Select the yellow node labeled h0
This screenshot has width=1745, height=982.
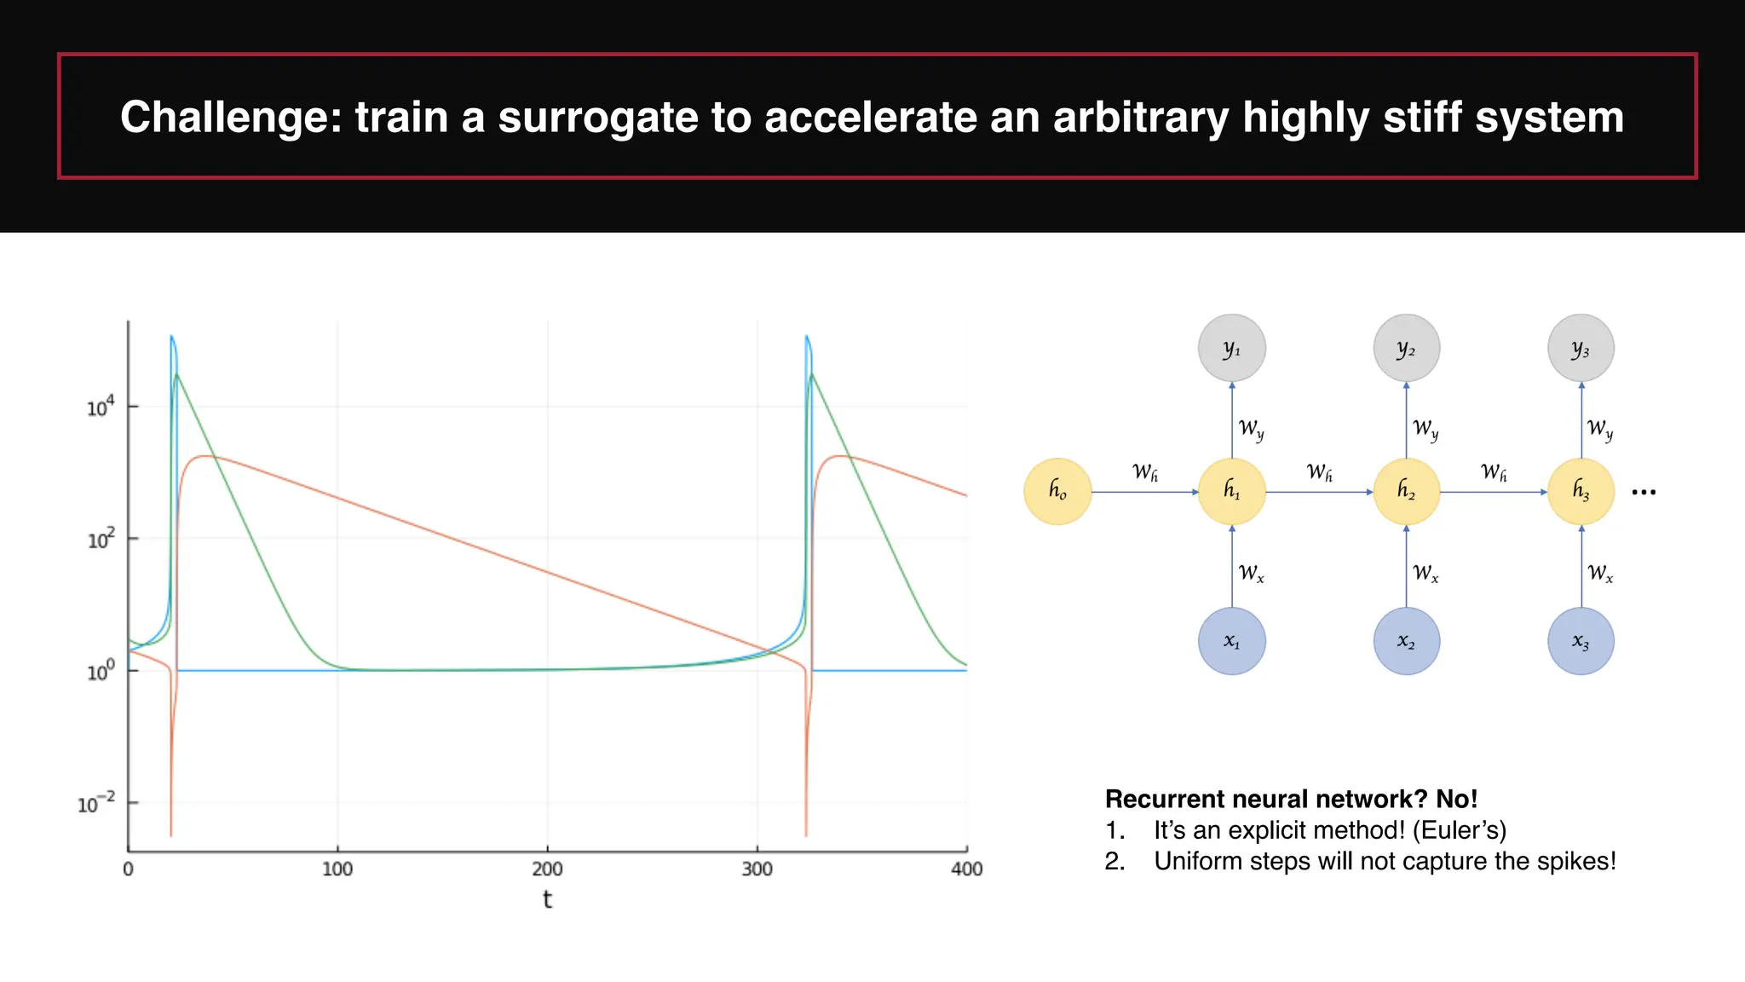tap(1057, 491)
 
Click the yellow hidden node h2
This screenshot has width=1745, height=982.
tap(1407, 491)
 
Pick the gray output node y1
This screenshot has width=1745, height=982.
tap(1232, 349)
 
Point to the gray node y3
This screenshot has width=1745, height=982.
tap(1581, 349)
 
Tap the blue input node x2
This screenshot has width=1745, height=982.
tap(1407, 641)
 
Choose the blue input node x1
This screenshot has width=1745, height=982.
tap(1232, 641)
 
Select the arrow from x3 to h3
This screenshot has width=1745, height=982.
tap(1581, 567)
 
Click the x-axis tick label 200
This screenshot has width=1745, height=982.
tap(547, 869)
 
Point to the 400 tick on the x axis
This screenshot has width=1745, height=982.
tap(966, 869)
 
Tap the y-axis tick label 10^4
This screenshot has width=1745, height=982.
tap(101, 407)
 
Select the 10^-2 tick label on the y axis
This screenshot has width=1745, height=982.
tap(95, 804)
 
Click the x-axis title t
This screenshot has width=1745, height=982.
tap(547, 899)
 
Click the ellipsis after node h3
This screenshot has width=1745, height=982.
tap(1644, 493)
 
